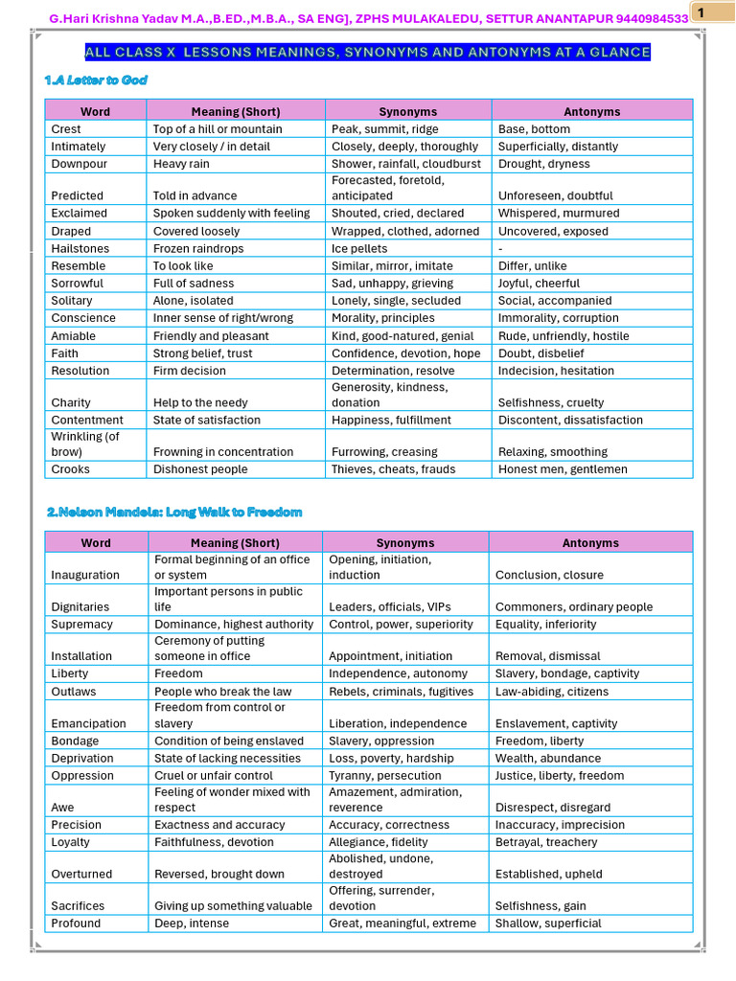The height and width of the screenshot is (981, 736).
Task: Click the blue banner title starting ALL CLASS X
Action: [x=368, y=53]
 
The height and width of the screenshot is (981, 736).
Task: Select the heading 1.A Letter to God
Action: [x=96, y=80]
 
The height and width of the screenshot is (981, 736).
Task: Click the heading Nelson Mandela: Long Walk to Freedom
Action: [x=174, y=513]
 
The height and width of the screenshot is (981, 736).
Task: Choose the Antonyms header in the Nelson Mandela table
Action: [x=590, y=543]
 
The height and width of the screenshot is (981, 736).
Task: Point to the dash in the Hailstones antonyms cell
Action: [x=501, y=249]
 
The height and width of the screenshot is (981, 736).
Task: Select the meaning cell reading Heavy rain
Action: [x=181, y=164]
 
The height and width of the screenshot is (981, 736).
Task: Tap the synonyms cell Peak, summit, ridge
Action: [x=385, y=129]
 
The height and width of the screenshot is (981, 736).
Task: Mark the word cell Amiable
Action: [x=73, y=336]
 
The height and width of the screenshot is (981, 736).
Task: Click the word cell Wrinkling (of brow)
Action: [x=85, y=445]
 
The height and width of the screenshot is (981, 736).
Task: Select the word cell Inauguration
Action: [x=85, y=575]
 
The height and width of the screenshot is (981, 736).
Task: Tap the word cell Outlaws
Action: [x=73, y=692]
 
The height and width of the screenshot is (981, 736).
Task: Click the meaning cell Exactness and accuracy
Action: [x=219, y=825]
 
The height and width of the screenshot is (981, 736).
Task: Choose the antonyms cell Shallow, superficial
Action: [x=548, y=924]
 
